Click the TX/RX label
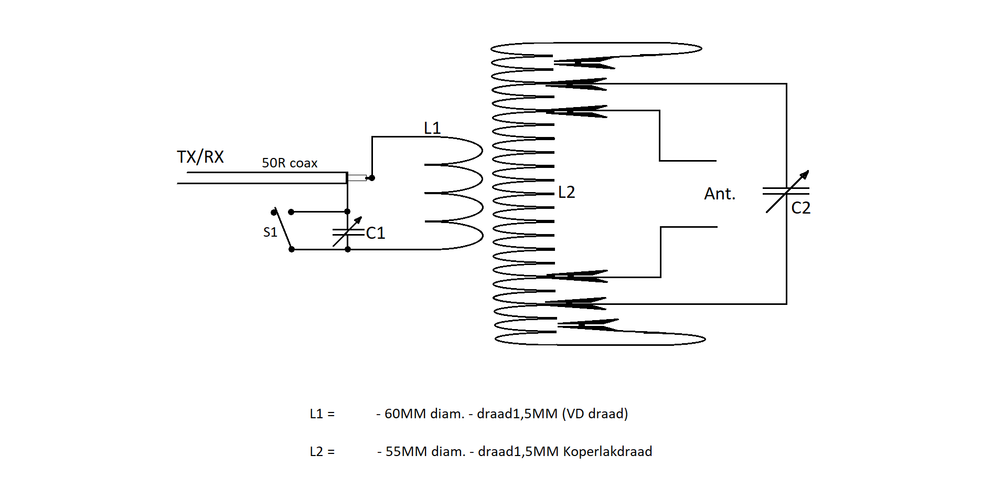tap(200, 157)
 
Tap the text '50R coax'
tap(290, 163)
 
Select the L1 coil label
tap(432, 128)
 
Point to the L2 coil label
tap(567, 192)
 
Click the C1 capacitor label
tap(376, 233)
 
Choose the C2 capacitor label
tap(801, 208)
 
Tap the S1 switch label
tap(270, 232)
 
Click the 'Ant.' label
tap(720, 194)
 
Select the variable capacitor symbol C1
tap(348, 231)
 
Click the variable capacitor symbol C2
tap(786, 191)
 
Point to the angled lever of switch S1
tap(283, 230)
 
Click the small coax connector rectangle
tap(357, 178)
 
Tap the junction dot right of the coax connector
tap(372, 178)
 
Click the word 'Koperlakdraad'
tap(607, 451)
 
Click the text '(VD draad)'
tap(595, 414)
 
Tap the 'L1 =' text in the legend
tap(322, 414)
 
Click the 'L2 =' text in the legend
tap(322, 451)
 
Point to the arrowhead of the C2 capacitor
tap(805, 174)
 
